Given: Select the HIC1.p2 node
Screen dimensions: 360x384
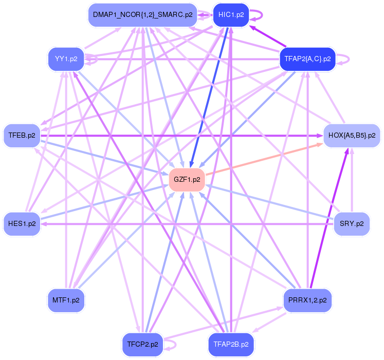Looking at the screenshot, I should [x=231, y=14].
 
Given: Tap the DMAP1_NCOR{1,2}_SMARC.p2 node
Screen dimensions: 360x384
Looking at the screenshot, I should [x=142, y=14].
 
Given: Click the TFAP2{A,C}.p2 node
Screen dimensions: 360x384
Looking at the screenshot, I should [x=307, y=59].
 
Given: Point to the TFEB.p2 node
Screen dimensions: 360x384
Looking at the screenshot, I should [x=22, y=136].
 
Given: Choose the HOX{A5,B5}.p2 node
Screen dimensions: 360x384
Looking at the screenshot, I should [x=352, y=136].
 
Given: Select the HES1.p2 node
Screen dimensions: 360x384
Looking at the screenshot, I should [x=22, y=224].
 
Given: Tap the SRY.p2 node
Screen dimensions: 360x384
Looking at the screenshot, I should [x=352, y=224].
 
